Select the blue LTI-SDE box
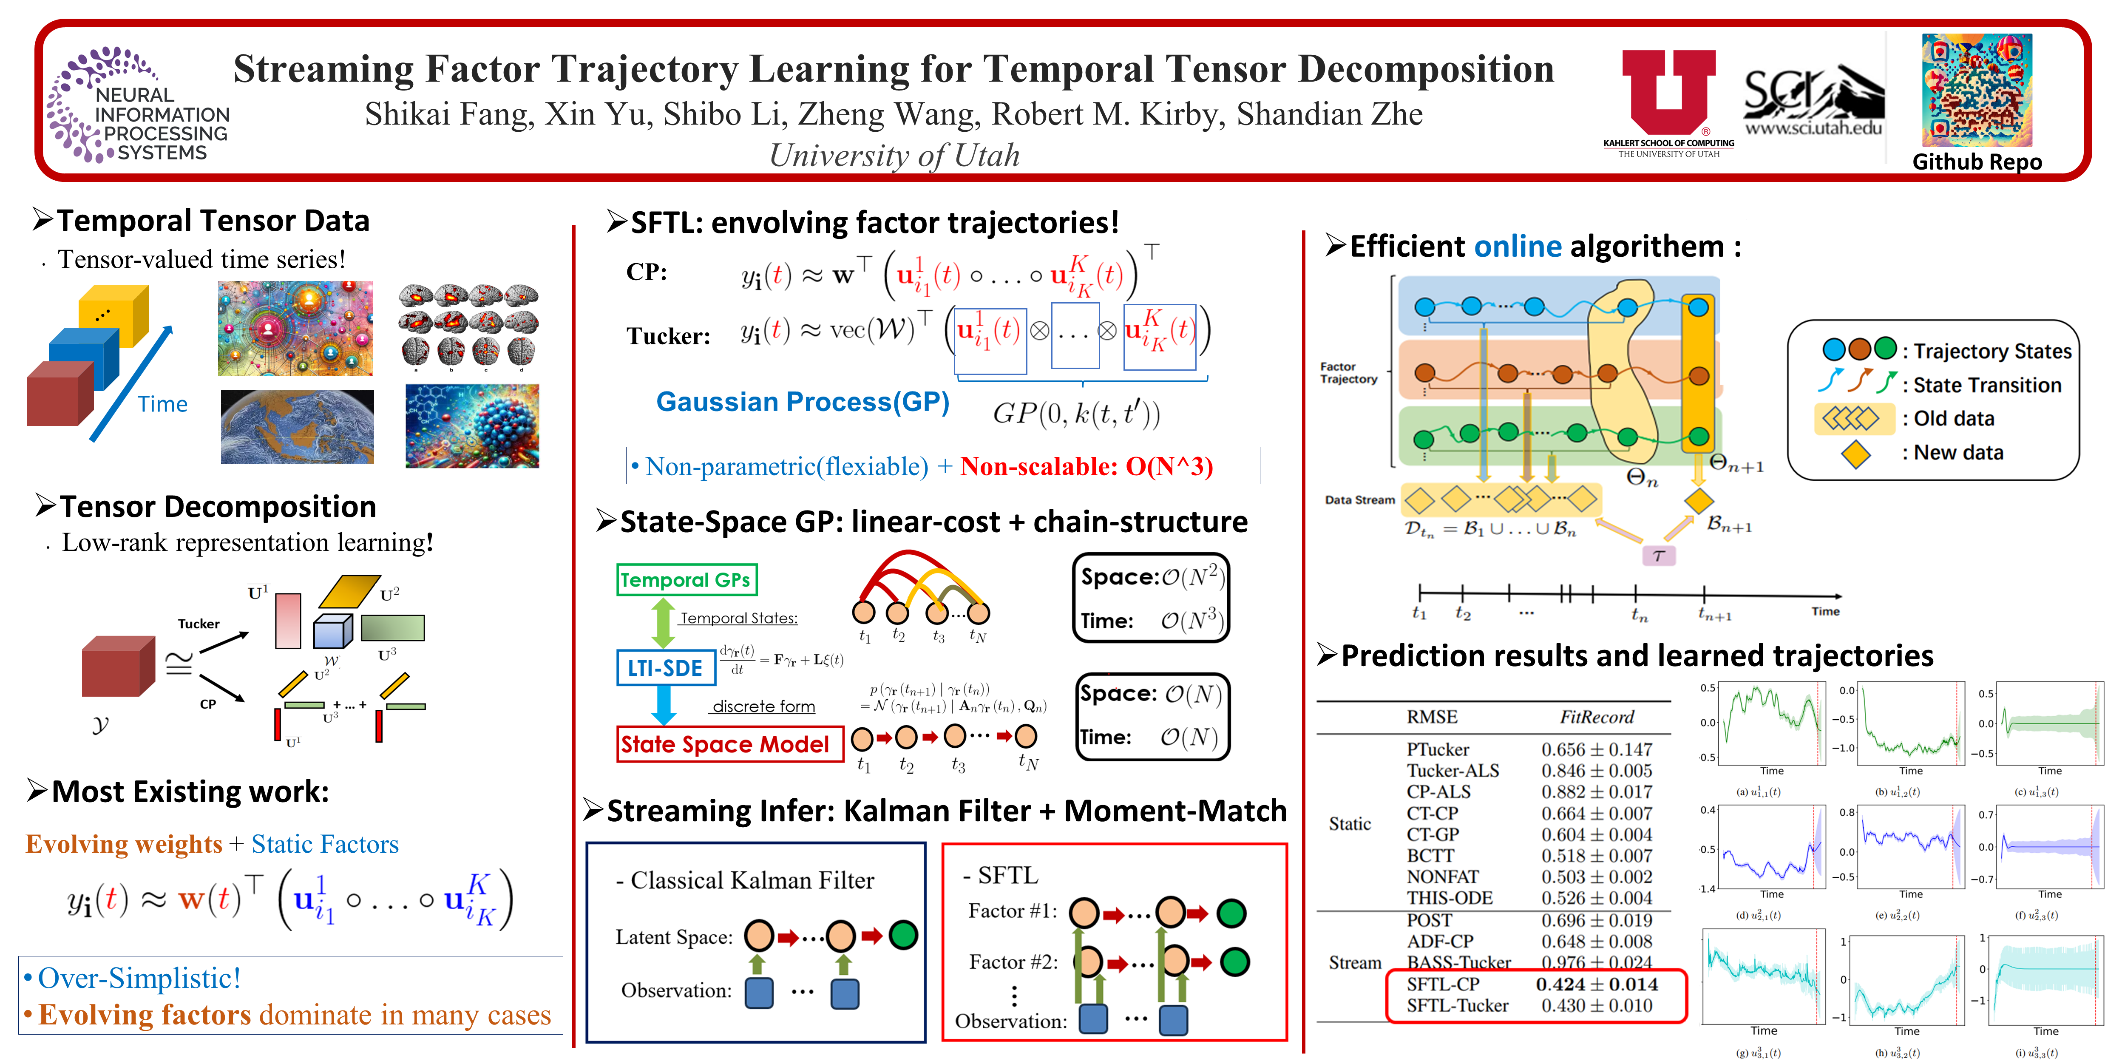pos(665,668)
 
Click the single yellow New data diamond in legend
pos(1855,453)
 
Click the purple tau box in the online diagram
pos(1658,556)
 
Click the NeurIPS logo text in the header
pos(162,124)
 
